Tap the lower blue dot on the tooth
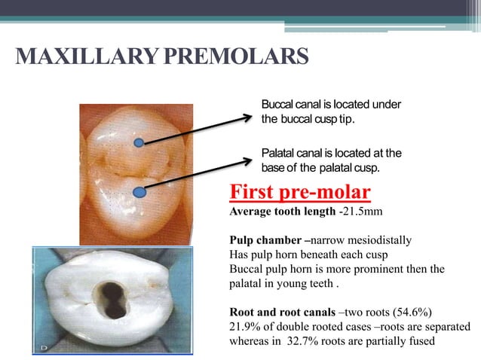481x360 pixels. [x=136, y=192]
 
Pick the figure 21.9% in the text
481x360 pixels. [x=245, y=327]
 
